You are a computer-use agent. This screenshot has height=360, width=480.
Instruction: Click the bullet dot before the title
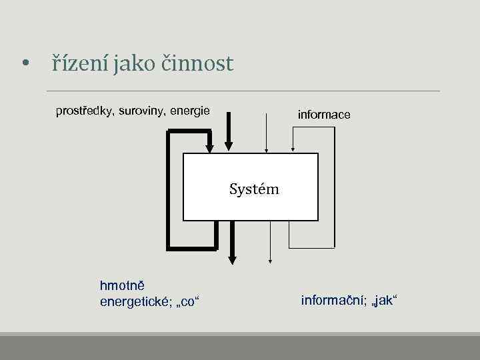25,65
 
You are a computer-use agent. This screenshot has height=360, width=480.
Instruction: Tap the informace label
323,115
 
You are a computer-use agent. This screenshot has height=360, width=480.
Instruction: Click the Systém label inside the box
254,189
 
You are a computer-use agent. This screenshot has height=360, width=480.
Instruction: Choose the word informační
331,300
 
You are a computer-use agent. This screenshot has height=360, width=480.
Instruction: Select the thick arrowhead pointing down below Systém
232,257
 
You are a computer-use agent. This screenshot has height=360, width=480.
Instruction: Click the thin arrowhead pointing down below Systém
270,260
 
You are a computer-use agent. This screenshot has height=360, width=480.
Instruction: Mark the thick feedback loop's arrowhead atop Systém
209,147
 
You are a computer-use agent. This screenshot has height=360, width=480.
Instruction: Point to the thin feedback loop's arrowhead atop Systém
293,148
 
